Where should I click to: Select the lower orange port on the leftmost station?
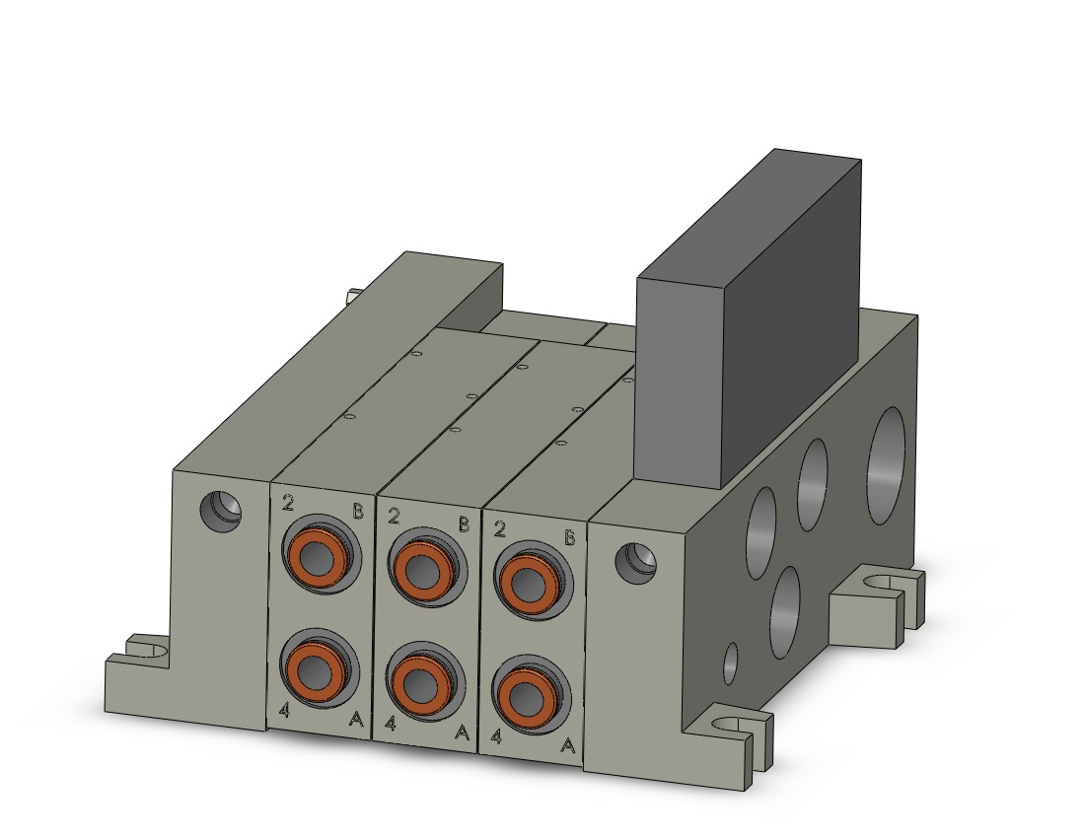point(317,667)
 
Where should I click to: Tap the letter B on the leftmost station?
point(358,511)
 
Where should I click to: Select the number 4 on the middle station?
point(391,724)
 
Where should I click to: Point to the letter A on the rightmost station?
point(567,745)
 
